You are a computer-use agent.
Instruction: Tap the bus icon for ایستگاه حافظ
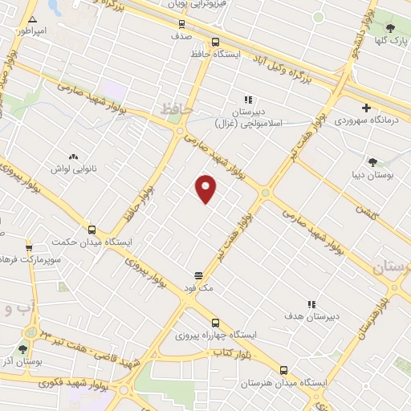[214, 43]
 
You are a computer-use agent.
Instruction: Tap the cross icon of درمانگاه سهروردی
[367, 107]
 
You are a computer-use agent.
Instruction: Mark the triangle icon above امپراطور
[32, 18]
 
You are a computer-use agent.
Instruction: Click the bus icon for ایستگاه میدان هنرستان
[283, 370]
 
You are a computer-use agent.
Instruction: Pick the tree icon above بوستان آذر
[22, 349]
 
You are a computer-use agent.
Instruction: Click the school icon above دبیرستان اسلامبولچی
[248, 100]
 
